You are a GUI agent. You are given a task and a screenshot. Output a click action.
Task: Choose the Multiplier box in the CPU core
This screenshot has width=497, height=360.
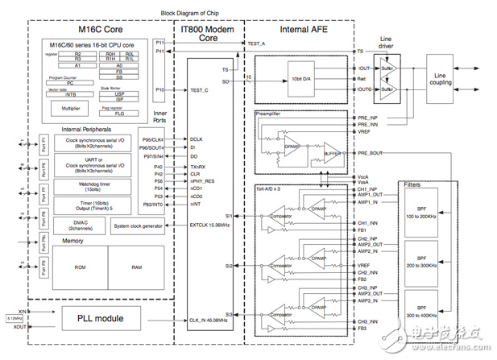pos(71,107)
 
